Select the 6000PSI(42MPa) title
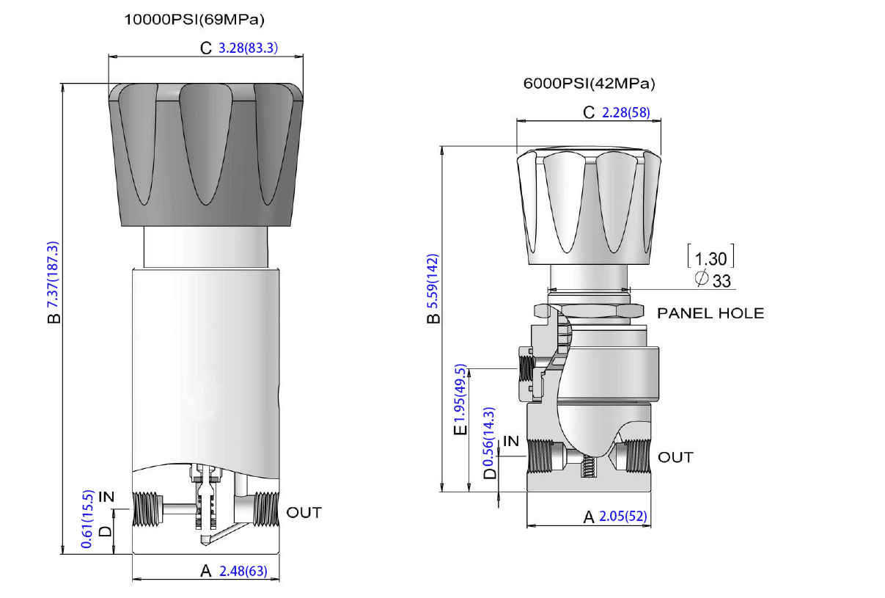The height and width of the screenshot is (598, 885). (589, 84)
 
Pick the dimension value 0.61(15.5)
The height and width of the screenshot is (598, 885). (87, 519)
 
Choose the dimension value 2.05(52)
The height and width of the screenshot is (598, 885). (623, 517)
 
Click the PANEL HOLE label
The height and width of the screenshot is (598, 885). (710, 313)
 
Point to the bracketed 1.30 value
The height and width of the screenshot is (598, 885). (710, 258)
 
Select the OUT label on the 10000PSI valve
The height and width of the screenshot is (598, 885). (304, 512)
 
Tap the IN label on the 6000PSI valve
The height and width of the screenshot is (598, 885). (511, 441)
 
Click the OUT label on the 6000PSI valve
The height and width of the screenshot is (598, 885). (675, 457)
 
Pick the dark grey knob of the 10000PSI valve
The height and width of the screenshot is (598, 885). (205, 154)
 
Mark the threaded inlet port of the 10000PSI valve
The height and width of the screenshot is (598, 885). (147, 508)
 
